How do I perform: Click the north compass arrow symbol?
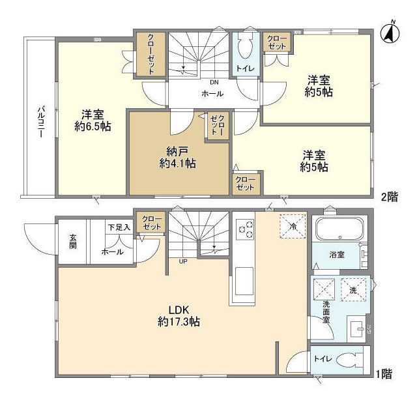[391, 32]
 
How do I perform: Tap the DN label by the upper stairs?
[213, 83]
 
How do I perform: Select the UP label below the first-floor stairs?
[183, 262]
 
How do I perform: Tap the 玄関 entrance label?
[72, 246]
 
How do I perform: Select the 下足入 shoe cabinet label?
[119, 227]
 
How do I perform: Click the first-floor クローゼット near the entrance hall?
[151, 222]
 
